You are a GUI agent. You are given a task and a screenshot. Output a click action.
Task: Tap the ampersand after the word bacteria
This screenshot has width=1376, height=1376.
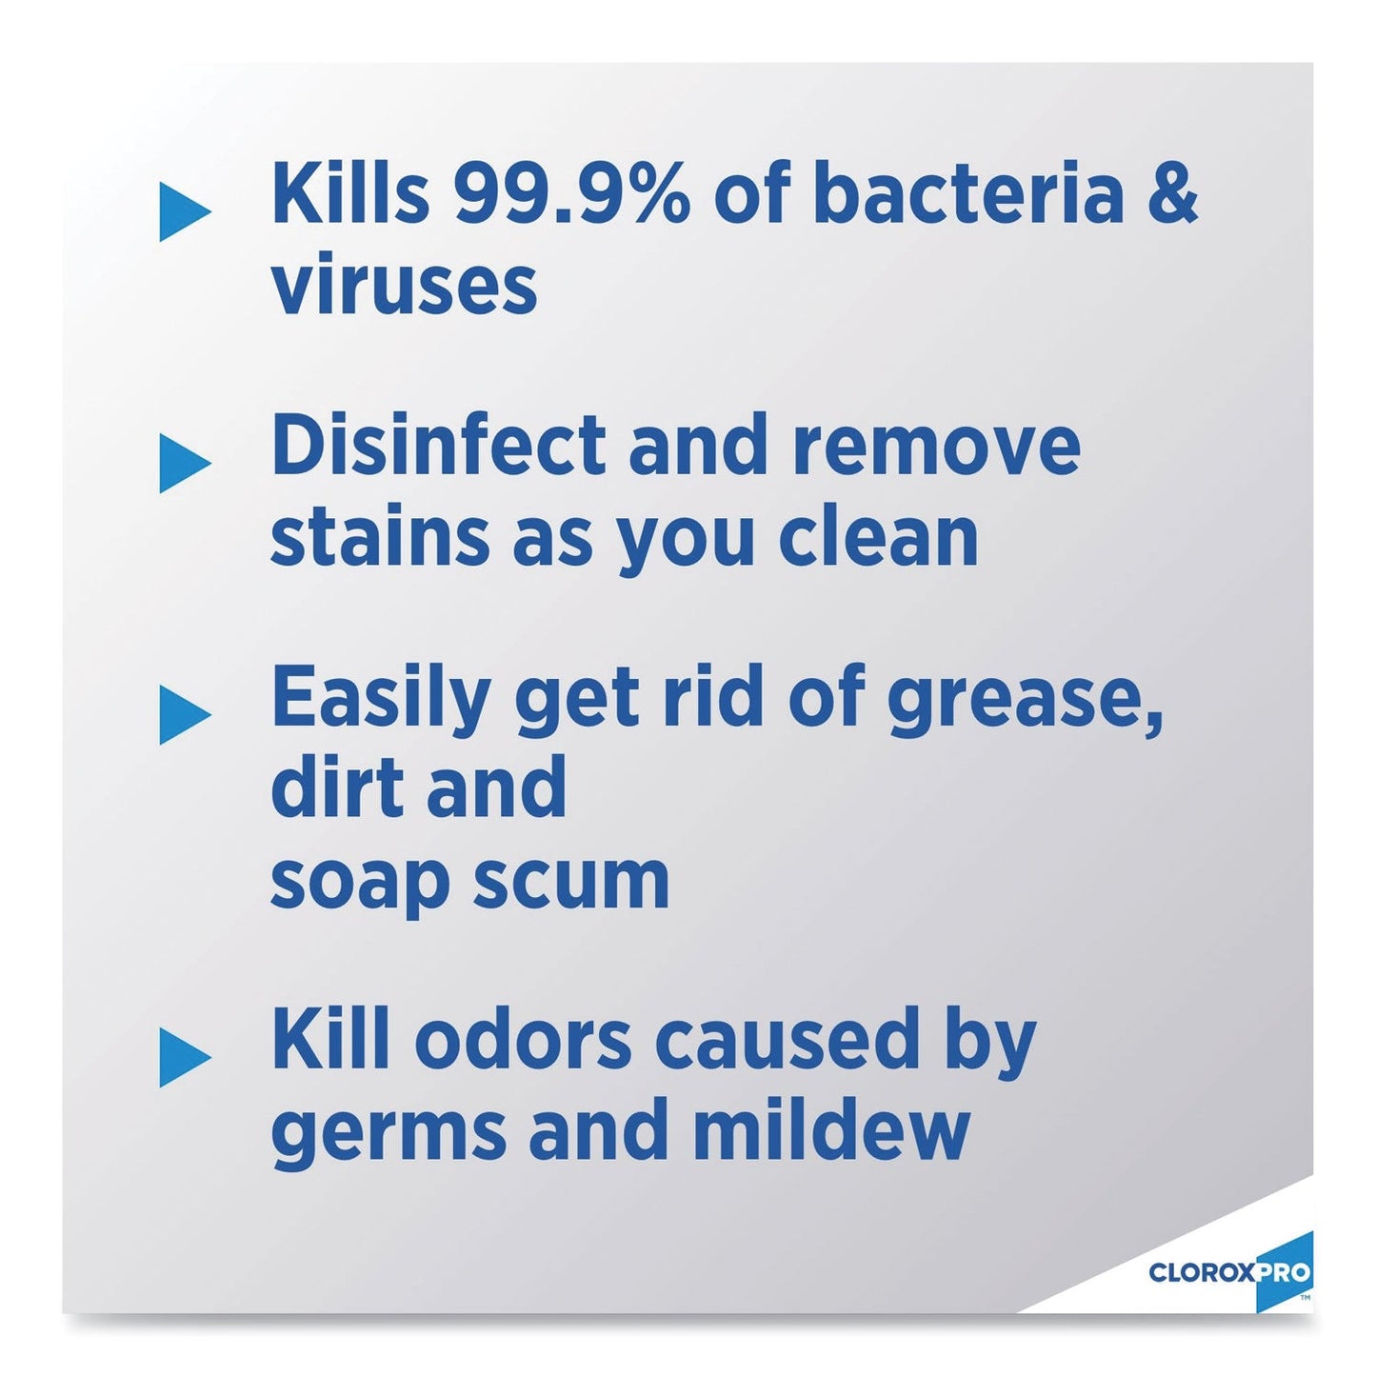coord(1173,194)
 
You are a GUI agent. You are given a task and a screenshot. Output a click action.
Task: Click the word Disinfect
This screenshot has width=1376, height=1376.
coord(439,445)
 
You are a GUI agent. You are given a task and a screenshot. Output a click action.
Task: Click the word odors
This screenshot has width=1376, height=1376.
coord(523,1040)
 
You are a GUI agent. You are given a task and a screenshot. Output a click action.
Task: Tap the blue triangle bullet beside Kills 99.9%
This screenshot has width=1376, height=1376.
coord(184,211)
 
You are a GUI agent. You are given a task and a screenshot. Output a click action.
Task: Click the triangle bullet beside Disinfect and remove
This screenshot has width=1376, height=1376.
coord(184,464)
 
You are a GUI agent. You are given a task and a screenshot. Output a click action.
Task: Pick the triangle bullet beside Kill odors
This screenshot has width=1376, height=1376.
coord(184,1057)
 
